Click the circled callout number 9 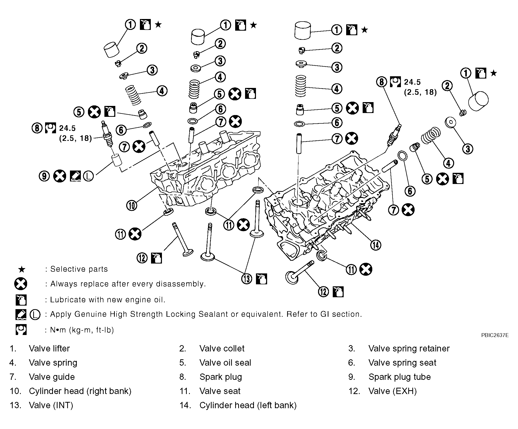[x=44, y=176]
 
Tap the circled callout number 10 [x=132, y=205]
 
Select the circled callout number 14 [x=375, y=245]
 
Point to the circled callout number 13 [x=247, y=278]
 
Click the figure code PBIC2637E [x=495, y=335]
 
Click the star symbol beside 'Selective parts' [x=22, y=269]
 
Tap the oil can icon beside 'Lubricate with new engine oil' [x=21, y=300]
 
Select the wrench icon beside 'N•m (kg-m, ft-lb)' [x=21, y=330]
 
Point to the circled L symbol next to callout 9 [x=88, y=176]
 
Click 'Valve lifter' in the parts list [x=49, y=348]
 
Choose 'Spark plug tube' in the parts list [x=399, y=377]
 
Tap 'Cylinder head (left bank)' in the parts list [x=248, y=405]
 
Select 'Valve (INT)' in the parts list [x=51, y=405]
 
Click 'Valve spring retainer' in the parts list [x=409, y=348]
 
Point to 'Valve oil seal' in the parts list [x=225, y=363]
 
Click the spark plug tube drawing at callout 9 [x=117, y=160]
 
